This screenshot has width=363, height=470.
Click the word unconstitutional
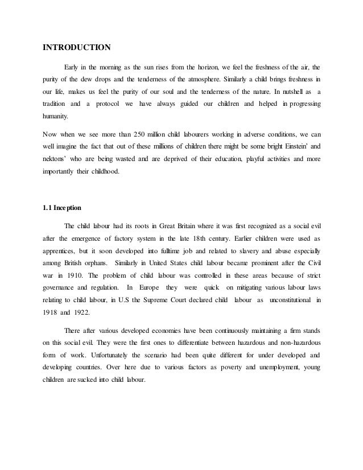click(290, 298)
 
